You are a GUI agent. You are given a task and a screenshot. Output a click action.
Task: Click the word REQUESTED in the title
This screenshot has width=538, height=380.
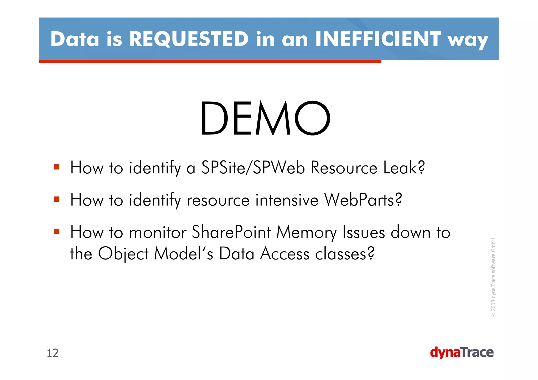click(x=189, y=39)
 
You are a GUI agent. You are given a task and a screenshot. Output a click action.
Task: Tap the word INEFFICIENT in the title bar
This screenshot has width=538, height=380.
click(x=378, y=39)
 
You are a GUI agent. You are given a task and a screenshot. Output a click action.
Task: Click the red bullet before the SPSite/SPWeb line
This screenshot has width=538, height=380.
click(x=57, y=167)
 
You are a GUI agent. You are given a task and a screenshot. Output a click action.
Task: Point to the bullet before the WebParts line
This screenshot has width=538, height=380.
click(x=57, y=199)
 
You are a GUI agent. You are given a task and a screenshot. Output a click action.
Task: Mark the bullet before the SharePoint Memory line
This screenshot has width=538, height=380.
click(x=57, y=232)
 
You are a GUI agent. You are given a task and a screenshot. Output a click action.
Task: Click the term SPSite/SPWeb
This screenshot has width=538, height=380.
click(x=253, y=168)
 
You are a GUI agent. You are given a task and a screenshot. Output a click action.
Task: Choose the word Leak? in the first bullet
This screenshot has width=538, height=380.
click(x=404, y=168)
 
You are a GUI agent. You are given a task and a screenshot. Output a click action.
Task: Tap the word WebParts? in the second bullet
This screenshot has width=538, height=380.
click(x=363, y=200)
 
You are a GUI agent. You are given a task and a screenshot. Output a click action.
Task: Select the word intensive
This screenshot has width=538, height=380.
click(x=287, y=200)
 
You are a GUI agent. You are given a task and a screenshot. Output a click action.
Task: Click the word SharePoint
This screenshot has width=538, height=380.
click(x=231, y=232)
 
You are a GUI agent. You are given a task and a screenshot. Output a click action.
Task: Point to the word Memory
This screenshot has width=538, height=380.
click(x=306, y=232)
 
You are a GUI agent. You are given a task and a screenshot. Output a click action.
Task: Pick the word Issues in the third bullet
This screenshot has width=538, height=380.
click(x=364, y=232)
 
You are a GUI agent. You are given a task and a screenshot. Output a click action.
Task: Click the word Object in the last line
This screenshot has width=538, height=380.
click(x=123, y=254)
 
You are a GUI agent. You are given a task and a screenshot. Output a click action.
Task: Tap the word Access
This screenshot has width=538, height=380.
click(x=284, y=254)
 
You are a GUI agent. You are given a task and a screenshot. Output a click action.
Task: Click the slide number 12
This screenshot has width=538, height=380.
click(x=53, y=353)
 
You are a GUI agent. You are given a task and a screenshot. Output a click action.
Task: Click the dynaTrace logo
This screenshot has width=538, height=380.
click(x=462, y=353)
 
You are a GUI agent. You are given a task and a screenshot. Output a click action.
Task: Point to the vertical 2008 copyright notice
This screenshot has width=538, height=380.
click(x=493, y=277)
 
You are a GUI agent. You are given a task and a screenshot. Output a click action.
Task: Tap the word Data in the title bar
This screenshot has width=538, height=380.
click(x=75, y=39)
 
